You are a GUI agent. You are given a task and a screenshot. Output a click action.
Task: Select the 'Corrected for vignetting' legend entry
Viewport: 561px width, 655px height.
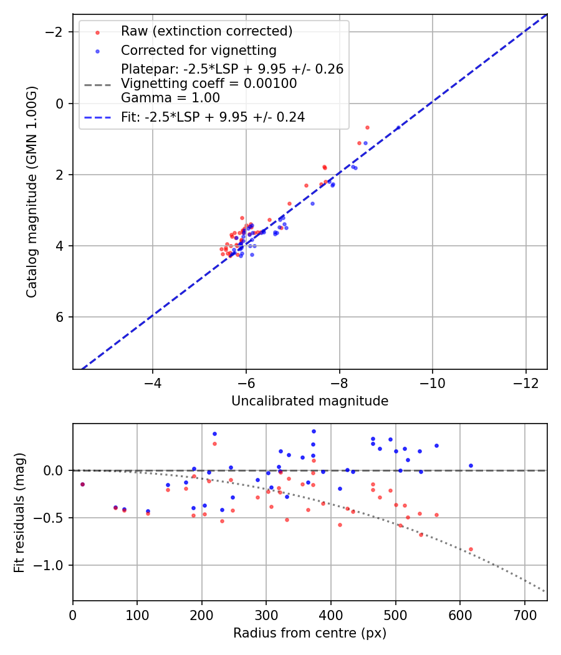coord(198,50)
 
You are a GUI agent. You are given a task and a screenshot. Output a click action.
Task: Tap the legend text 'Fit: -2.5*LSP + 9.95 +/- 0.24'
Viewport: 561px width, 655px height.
coord(213,117)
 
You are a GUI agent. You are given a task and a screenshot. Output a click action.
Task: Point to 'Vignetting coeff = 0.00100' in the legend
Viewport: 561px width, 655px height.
coord(209,84)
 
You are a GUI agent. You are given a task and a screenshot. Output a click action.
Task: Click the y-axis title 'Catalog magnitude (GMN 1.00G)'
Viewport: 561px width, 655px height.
coord(32,192)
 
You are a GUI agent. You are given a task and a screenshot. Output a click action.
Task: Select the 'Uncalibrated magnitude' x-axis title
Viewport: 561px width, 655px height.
coord(310,401)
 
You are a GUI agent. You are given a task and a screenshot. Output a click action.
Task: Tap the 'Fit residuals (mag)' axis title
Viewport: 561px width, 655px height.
coord(19,512)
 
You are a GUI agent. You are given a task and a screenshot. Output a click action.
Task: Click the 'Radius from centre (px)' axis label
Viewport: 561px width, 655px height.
coord(310,633)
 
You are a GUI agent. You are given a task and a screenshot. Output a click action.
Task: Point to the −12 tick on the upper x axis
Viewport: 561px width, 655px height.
coord(525,381)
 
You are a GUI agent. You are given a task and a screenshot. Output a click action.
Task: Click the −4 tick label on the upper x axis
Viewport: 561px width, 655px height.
coord(153,381)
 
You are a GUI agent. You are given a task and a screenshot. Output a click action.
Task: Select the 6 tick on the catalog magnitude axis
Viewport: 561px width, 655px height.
coord(60,317)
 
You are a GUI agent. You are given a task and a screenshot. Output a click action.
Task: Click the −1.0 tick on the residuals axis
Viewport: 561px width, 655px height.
coord(52,565)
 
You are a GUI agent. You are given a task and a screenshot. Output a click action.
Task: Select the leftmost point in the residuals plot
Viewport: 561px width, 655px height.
coord(82,484)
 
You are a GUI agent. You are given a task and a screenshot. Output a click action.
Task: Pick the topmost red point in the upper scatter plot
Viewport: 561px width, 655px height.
coord(367,127)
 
